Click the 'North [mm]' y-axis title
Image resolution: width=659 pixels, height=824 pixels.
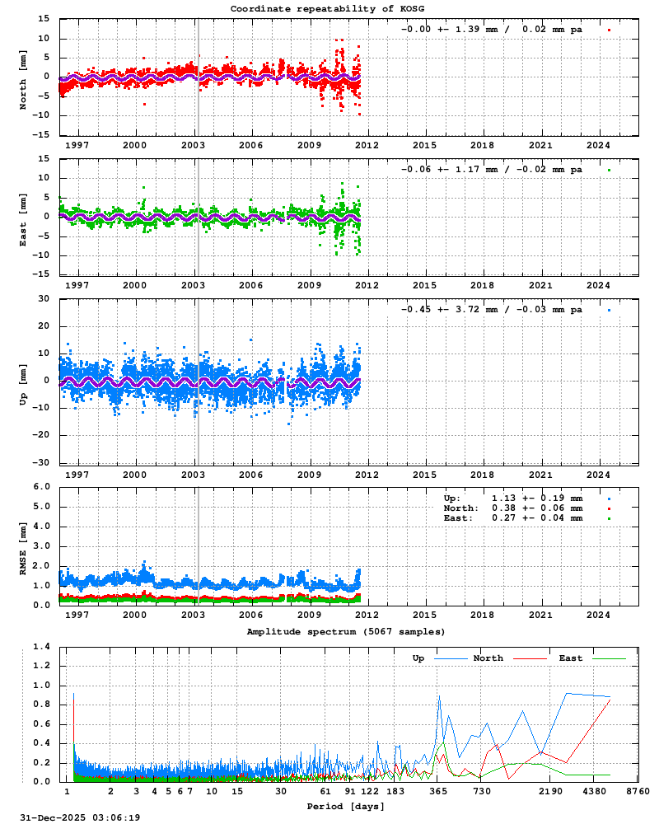23,77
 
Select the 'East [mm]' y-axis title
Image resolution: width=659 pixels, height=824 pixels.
23,216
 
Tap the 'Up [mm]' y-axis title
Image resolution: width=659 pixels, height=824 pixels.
23,381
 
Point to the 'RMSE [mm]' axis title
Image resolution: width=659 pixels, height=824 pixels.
23,545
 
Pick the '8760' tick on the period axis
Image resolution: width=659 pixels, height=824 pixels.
638,791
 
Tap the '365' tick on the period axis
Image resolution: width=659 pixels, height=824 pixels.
438,791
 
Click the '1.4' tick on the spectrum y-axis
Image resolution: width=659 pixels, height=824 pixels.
41,646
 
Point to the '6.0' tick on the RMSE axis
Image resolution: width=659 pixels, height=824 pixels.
41,486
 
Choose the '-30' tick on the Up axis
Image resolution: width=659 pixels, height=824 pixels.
39,461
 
